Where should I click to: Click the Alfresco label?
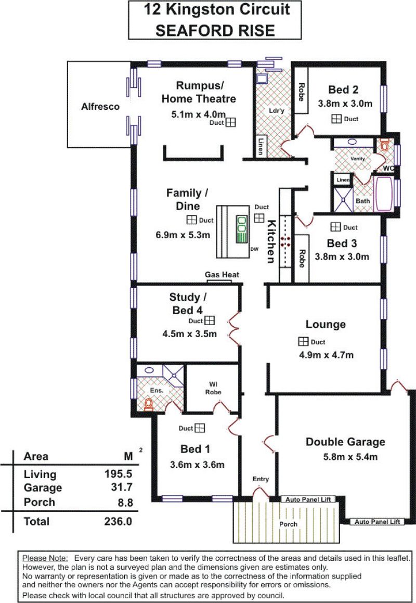point(100,107)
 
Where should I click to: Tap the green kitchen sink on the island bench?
point(241,229)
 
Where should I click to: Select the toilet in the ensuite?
point(149,404)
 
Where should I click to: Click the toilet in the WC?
point(384,145)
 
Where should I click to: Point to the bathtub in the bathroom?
point(384,194)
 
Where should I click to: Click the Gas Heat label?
point(222,275)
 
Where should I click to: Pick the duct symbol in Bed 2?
point(336,119)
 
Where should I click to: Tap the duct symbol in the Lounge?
point(303,341)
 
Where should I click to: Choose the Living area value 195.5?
point(119,474)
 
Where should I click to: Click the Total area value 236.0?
point(118,521)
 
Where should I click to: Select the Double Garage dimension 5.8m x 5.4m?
point(350,457)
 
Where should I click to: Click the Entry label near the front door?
point(261,479)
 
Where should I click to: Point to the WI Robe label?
point(213,389)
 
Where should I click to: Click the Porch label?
point(289,524)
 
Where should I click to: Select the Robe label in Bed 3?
point(302,259)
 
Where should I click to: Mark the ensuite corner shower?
point(173,376)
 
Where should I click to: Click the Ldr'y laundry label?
point(277,111)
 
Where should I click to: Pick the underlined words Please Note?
point(45,558)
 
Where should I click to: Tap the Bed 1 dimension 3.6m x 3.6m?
point(197,465)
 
